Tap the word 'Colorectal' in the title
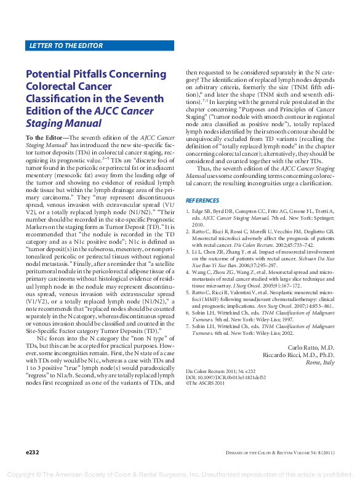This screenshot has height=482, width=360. pos(55,87)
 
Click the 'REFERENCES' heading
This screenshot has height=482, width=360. pos(202,201)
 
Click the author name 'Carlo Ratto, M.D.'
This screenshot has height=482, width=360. pos(312,348)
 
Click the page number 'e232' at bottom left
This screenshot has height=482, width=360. pos(33,452)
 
